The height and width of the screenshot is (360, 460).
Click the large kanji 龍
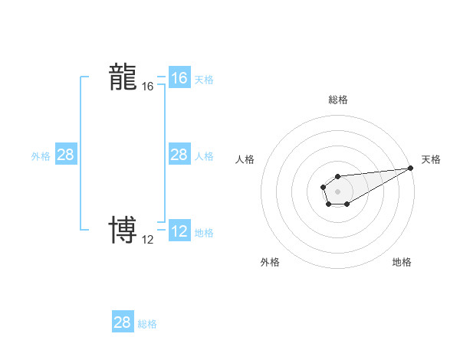123,77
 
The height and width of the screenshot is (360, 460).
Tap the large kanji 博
123,230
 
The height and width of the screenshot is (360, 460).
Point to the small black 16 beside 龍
148,87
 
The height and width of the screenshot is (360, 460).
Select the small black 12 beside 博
148,240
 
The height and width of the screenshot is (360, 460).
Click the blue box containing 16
179,78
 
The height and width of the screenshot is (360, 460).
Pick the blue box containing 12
179,231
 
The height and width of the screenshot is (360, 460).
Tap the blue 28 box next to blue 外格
65,155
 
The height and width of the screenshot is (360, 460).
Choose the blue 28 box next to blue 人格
179,155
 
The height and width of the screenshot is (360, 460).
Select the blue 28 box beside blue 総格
123,322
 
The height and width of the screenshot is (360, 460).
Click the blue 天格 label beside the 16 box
204,80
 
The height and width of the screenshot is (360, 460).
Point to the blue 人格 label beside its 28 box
204,156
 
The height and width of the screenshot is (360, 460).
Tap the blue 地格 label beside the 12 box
204,233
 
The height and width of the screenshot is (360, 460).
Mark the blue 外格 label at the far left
41,156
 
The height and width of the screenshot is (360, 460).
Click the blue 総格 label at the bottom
147,324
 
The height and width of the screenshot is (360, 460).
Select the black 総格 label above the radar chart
338,100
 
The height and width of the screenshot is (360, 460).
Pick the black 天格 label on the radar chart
431,159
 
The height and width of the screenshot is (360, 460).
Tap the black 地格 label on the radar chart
402,262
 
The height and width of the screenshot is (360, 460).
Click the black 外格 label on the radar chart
270,262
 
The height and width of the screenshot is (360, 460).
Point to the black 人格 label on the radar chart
245,159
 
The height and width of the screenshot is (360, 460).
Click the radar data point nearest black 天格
411,168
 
